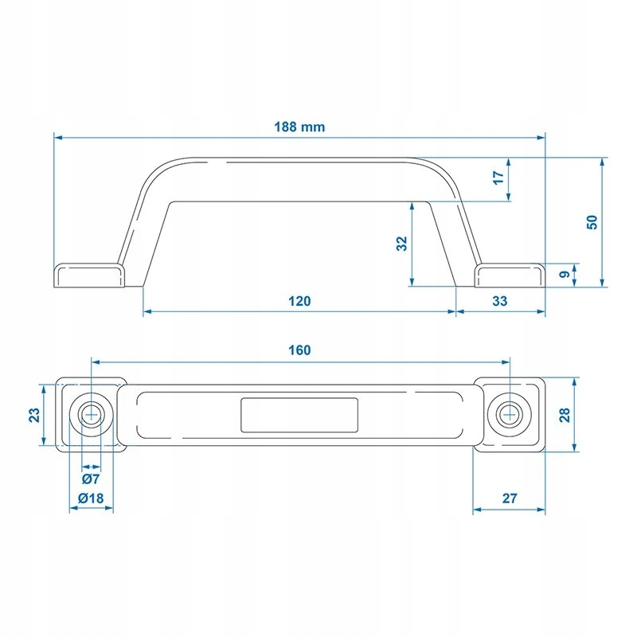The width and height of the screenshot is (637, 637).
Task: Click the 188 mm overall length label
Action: pos(299,127)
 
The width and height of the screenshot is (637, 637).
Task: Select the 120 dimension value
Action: pos(299,301)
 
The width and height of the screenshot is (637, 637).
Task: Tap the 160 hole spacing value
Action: pos(299,350)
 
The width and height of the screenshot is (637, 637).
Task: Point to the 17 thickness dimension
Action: pos(498,178)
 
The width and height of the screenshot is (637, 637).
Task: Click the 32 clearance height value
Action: pos(401,244)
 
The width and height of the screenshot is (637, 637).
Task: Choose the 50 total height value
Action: pos(592,222)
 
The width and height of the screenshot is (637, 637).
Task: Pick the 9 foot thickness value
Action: pos(565,275)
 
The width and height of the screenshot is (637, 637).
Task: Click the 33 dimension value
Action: pos(500,301)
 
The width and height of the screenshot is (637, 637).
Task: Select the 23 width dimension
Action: pos(34,415)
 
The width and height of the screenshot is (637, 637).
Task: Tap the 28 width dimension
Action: pos(565,415)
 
